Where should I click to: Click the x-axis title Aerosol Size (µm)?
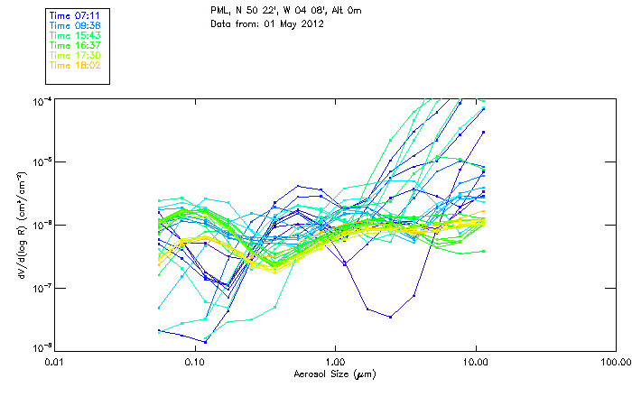coord(335,373)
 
